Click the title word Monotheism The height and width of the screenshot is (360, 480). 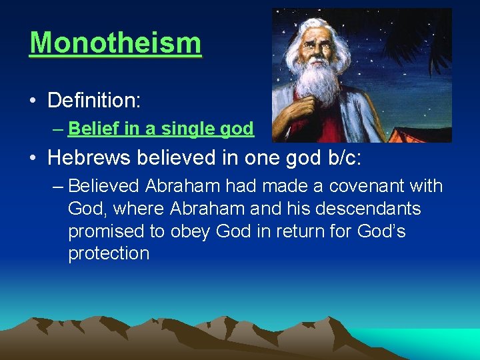coord(115,43)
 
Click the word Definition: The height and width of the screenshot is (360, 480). coord(94,101)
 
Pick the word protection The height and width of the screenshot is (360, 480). coord(109,254)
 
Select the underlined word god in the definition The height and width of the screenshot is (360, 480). coord(236,129)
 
